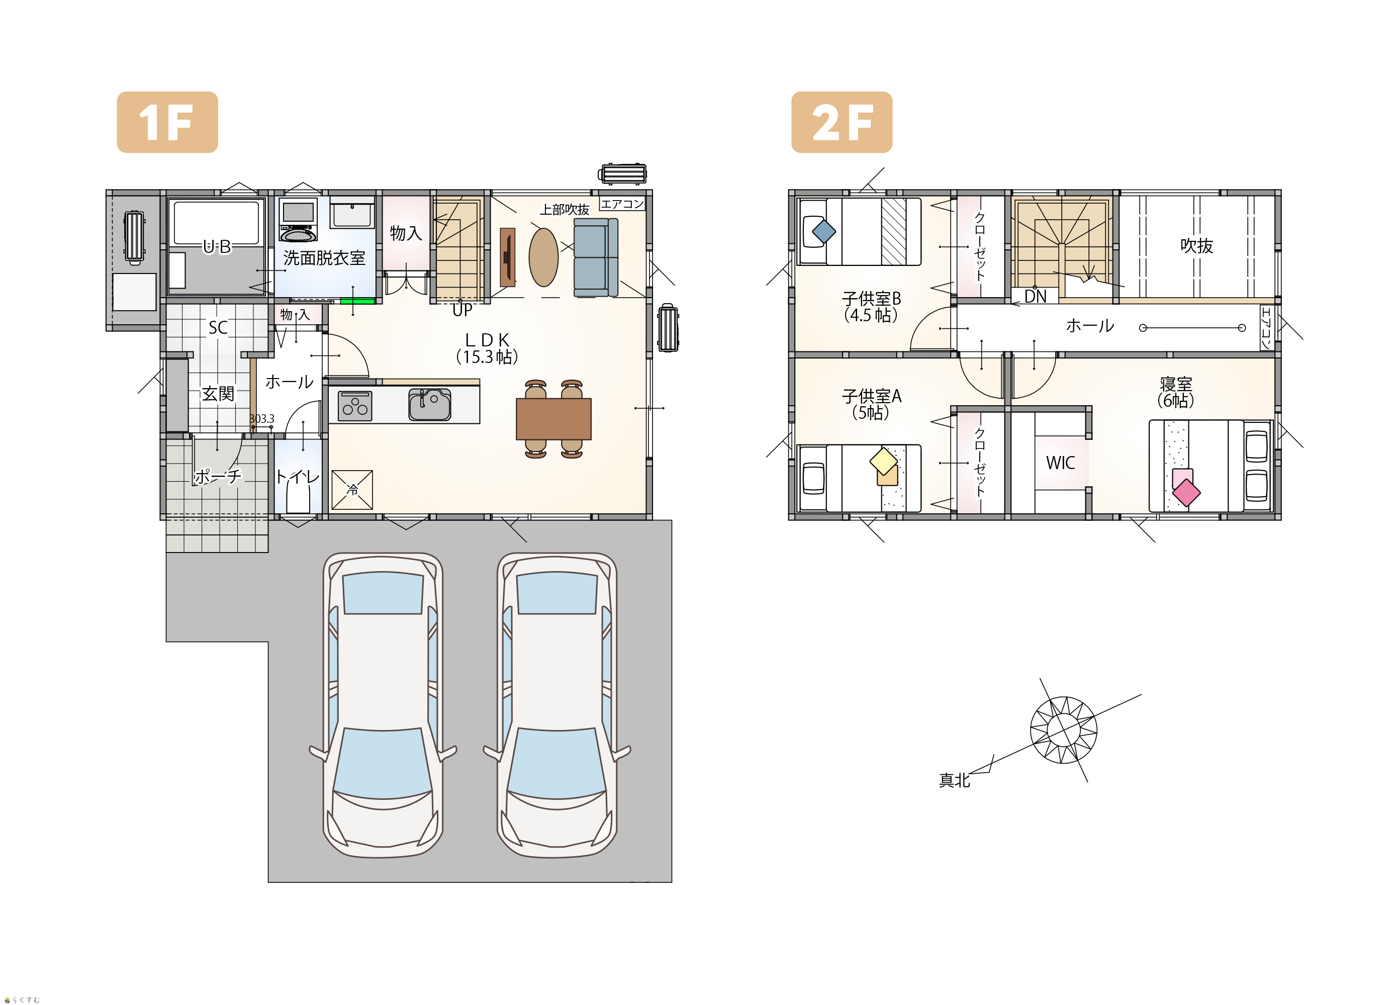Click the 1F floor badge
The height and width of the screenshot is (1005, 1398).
pyautogui.click(x=167, y=122)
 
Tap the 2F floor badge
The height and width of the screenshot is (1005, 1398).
pyautogui.click(x=842, y=122)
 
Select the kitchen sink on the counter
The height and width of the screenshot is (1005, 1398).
pyautogui.click(x=430, y=405)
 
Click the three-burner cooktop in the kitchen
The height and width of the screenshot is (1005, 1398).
pyautogui.click(x=355, y=406)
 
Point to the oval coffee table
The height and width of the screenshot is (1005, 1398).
pyautogui.click(x=544, y=257)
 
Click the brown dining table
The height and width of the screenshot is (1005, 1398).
pyautogui.click(x=553, y=419)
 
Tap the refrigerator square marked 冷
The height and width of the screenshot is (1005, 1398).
pyautogui.click(x=352, y=490)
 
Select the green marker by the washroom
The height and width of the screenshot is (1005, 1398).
pyautogui.click(x=357, y=301)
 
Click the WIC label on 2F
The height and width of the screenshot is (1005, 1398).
pyautogui.click(x=1060, y=463)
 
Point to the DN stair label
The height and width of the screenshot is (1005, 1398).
pyautogui.click(x=1035, y=297)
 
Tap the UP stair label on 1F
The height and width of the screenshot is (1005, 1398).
pyautogui.click(x=462, y=310)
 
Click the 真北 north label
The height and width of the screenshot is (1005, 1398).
pyautogui.click(x=954, y=781)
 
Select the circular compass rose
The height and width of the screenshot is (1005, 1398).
pyautogui.click(x=1063, y=730)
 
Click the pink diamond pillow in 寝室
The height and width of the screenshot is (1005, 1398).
pyautogui.click(x=1186, y=493)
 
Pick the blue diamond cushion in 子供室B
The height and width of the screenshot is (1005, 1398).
pyautogui.click(x=824, y=232)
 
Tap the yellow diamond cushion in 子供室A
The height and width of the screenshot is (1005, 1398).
pyautogui.click(x=883, y=461)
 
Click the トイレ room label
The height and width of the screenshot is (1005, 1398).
pyautogui.click(x=297, y=476)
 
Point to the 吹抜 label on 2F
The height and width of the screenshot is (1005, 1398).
pyautogui.click(x=1196, y=246)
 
